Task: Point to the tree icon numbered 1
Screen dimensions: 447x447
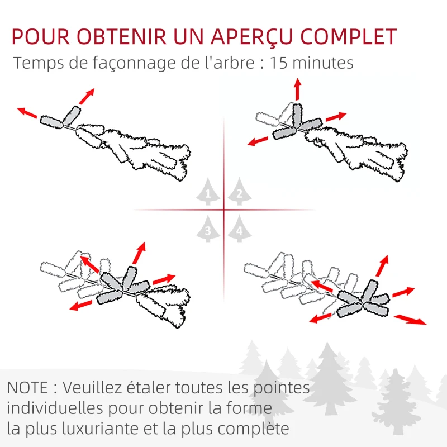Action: (208, 191)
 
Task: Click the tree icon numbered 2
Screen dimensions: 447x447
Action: (240, 191)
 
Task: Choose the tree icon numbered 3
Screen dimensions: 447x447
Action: (208, 229)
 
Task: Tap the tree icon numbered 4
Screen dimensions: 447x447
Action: (240, 229)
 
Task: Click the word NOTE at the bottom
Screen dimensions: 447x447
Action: (27, 388)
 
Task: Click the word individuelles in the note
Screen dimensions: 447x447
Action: (55, 408)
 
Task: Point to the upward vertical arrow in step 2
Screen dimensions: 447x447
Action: (298, 89)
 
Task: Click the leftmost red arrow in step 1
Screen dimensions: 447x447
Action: (27, 113)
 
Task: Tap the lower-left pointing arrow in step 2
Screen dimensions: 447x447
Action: (258, 141)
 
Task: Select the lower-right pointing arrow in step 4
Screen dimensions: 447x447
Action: (410, 320)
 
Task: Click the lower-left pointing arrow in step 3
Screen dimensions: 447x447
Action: (81, 305)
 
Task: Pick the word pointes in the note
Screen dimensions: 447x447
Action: (282, 388)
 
